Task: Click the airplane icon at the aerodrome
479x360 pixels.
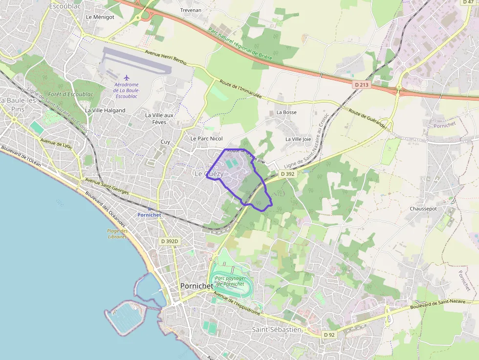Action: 127,78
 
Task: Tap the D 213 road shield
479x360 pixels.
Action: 361,85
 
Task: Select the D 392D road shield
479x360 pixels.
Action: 170,241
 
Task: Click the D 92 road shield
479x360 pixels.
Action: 329,335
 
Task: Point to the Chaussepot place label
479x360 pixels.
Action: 423,209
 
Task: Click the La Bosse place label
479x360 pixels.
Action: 286,112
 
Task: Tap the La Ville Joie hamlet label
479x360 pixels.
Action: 298,139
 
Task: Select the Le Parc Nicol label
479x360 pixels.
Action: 206,139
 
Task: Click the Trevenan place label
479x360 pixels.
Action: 191,10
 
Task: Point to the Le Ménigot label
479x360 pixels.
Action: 100,17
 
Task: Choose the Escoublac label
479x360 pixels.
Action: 65,6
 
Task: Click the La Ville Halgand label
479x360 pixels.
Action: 105,110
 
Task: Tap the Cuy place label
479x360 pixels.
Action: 165,142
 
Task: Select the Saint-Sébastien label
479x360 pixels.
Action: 277,330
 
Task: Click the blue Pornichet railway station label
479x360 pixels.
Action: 149,215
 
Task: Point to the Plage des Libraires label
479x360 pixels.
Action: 117,234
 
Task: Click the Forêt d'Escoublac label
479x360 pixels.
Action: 71,94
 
